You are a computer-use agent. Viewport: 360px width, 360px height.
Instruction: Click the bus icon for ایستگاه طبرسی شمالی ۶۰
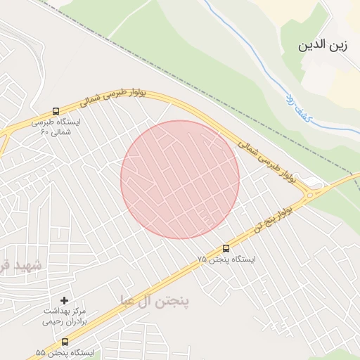click(x=56, y=111)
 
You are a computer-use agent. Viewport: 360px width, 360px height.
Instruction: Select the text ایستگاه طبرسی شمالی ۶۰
click(x=56, y=126)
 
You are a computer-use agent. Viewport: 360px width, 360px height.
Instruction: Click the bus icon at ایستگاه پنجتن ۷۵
click(x=226, y=247)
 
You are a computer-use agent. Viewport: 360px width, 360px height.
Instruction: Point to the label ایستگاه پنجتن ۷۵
click(x=226, y=259)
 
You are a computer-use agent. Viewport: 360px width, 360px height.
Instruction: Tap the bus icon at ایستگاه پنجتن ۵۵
click(x=65, y=342)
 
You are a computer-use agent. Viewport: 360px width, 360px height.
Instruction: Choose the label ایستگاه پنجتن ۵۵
click(x=65, y=352)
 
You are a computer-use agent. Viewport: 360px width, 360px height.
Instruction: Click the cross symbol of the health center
click(x=64, y=300)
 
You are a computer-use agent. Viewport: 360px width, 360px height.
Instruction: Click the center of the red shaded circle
click(x=180, y=179)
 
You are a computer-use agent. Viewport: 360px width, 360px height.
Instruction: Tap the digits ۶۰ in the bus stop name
click(x=45, y=131)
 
